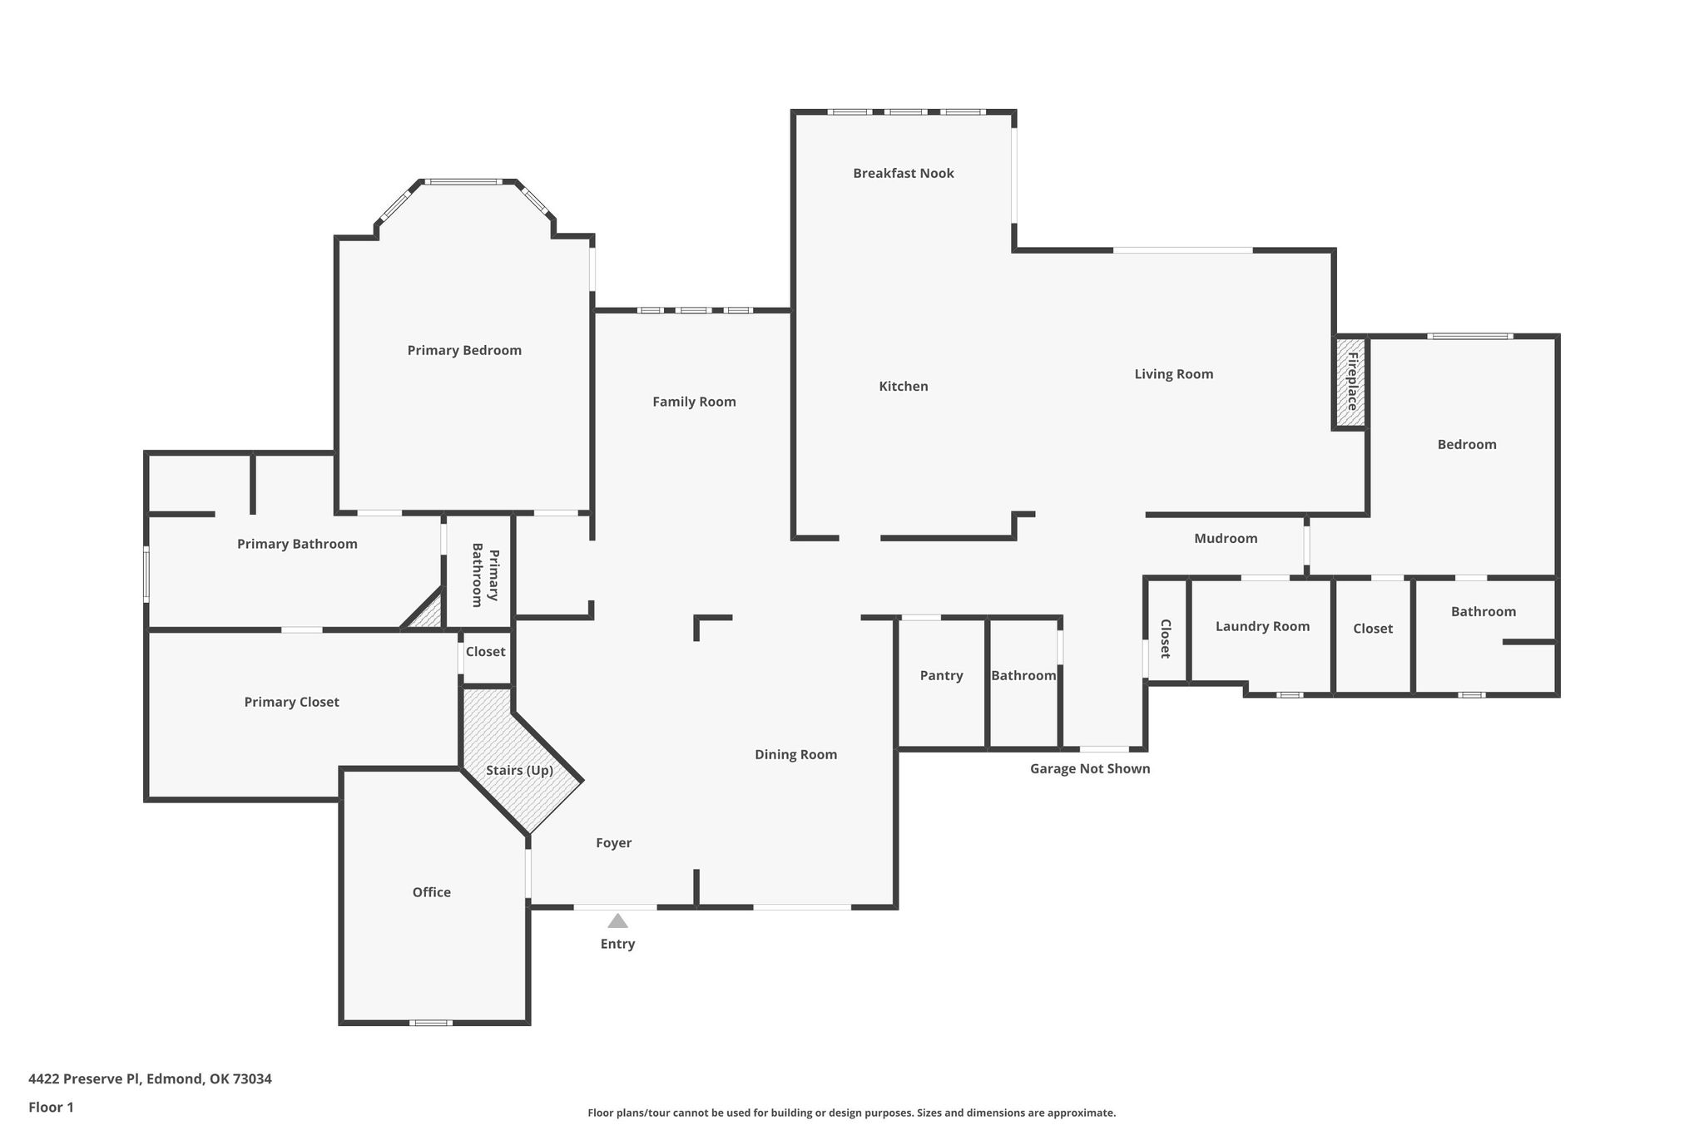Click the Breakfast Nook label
pyautogui.click(x=903, y=173)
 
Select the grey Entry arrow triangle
pyautogui.click(x=617, y=920)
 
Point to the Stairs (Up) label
pyautogui.click(x=519, y=771)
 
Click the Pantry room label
pyautogui.click(x=941, y=675)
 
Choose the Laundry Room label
pyautogui.click(x=1262, y=626)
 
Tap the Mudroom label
pyautogui.click(x=1226, y=538)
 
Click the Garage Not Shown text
pyautogui.click(x=1090, y=768)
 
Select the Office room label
pyautogui.click(x=431, y=892)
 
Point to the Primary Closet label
pyautogui.click(x=291, y=702)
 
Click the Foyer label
pyautogui.click(x=613, y=843)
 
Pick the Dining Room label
pyautogui.click(x=795, y=755)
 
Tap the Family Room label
pyautogui.click(x=694, y=402)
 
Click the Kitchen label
pyautogui.click(x=904, y=386)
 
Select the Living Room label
pyautogui.click(x=1173, y=374)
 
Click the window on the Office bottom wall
pyautogui.click(x=431, y=1023)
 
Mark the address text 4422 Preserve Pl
pyautogui.click(x=85, y=1079)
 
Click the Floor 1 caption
pyautogui.click(x=51, y=1108)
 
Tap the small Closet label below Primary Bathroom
pyautogui.click(x=485, y=652)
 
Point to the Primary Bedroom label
pyautogui.click(x=464, y=351)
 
